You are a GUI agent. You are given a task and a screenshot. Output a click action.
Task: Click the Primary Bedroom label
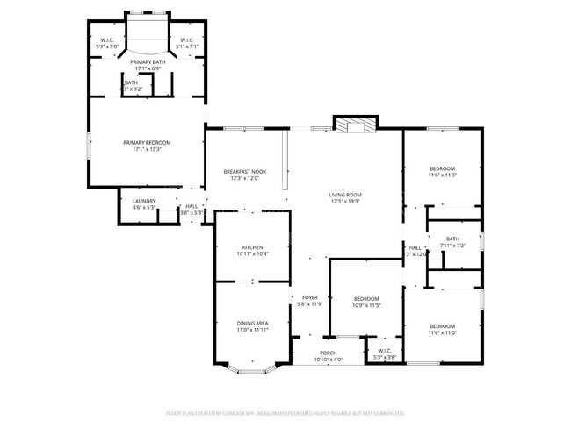tap(147, 143)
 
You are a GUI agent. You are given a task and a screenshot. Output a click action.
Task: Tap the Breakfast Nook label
tap(245, 172)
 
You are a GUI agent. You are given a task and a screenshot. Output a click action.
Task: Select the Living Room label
tap(345, 195)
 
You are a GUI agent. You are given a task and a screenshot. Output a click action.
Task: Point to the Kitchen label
tap(252, 247)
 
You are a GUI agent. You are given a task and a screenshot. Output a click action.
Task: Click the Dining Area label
tap(252, 324)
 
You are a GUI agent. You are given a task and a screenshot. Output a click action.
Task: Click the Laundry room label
tap(144, 201)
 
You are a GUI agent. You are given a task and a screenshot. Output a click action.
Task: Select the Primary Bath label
tap(147, 62)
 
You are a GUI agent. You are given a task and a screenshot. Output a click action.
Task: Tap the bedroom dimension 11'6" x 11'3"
tap(442, 175)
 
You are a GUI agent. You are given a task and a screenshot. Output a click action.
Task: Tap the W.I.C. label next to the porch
tap(385, 353)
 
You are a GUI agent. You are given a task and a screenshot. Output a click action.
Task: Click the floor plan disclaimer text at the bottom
tap(285, 412)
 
